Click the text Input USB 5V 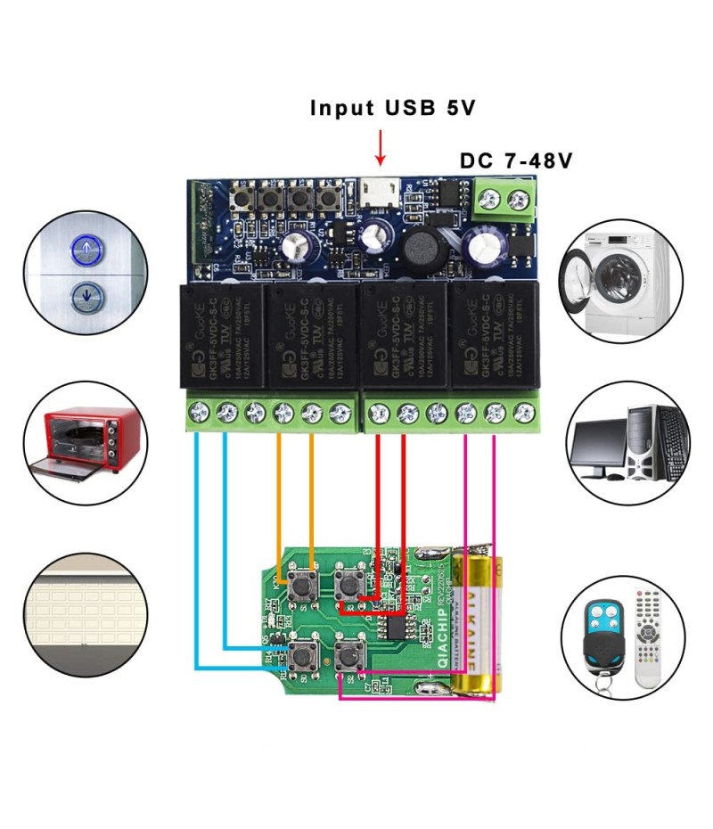coord(393,109)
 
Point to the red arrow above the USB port coord(381,147)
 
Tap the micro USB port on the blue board coord(381,190)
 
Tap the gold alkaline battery coord(475,624)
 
